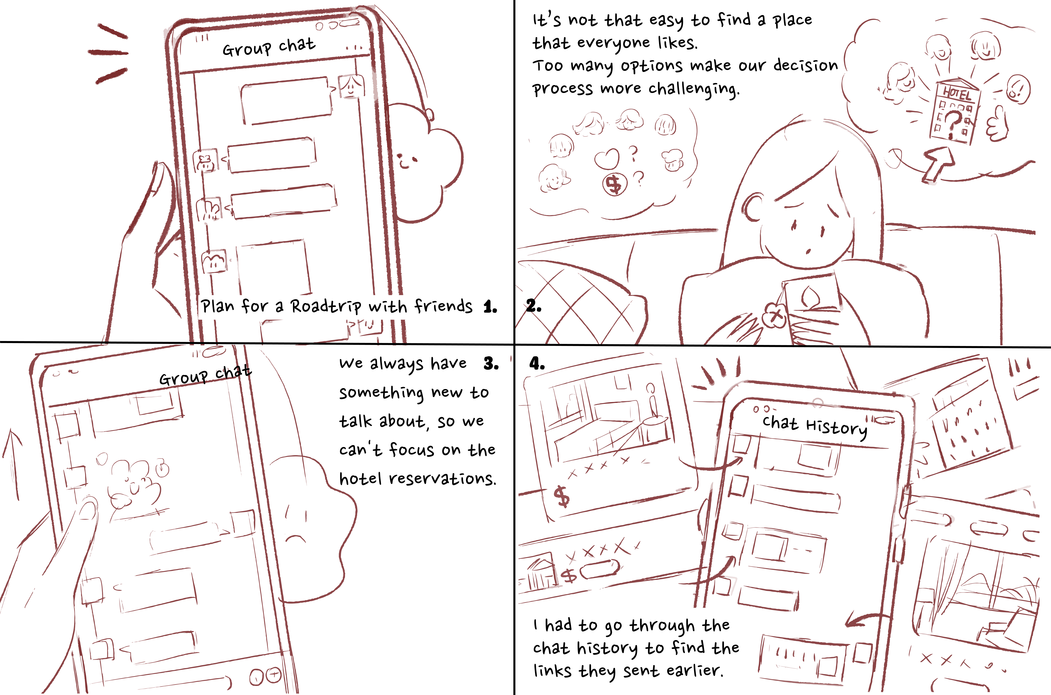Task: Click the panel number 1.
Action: pos(490,307)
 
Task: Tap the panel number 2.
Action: pos(533,306)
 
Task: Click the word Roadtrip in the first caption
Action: pos(326,307)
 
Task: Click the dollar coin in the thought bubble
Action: pos(615,184)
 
